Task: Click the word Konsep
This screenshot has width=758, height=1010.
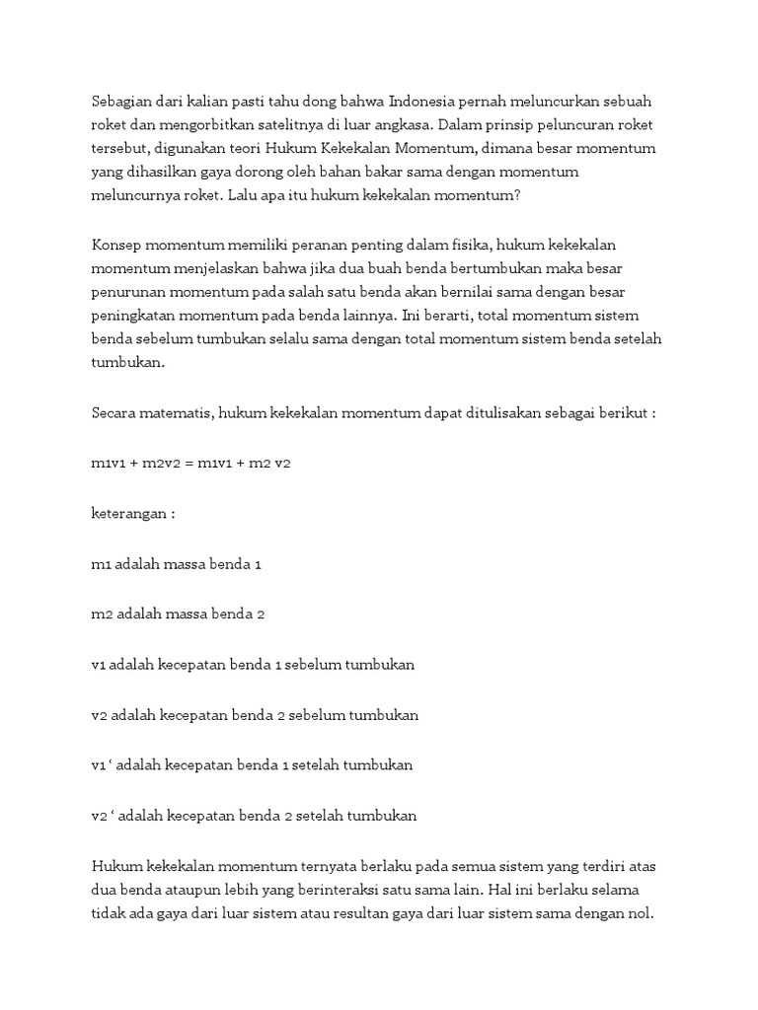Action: pyautogui.click(x=115, y=245)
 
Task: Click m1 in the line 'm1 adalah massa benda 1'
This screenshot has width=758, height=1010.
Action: pyautogui.click(x=101, y=565)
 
